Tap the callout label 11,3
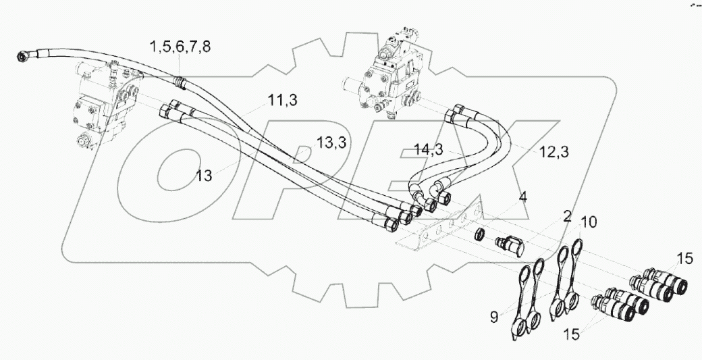tap(282, 102)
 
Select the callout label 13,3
tap(332, 143)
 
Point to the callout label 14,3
tap(429, 150)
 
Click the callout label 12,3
tap(553, 153)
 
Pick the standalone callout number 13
tap(205, 176)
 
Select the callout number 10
tap(589, 222)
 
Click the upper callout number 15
tap(685, 257)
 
